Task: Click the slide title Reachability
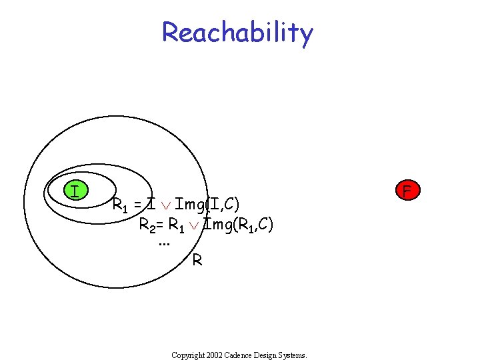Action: [237, 32]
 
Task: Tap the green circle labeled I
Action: [76, 191]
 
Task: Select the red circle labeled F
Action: [407, 191]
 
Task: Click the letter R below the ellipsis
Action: [197, 260]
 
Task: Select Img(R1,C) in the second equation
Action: [239, 225]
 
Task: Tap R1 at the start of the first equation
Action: [121, 204]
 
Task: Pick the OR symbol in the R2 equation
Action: [193, 225]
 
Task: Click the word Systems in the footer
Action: [293, 355]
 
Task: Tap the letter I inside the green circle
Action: [76, 191]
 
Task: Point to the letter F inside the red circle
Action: [407, 191]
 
